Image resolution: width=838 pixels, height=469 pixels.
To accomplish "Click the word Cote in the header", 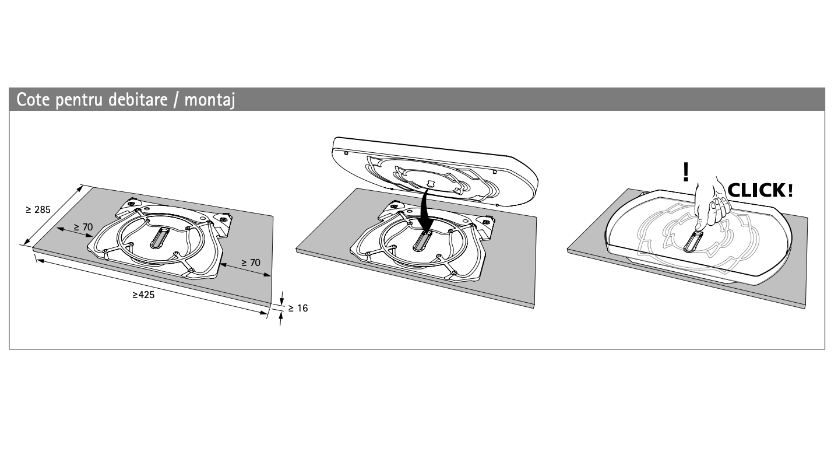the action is pyautogui.click(x=33, y=100).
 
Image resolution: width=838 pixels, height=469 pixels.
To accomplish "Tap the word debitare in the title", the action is pyautogui.click(x=138, y=100).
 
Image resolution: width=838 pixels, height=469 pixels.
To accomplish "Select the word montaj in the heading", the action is pyautogui.click(x=210, y=100).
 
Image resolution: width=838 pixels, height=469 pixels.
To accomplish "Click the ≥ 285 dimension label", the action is pyautogui.click(x=38, y=210).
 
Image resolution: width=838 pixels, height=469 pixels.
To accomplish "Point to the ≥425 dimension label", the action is pyautogui.click(x=143, y=295).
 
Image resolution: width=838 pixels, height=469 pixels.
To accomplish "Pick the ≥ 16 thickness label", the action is pyautogui.click(x=298, y=309).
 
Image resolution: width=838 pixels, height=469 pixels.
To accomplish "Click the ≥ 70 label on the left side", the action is pyautogui.click(x=83, y=227).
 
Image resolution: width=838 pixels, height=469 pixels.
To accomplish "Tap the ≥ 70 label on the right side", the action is pyautogui.click(x=250, y=262).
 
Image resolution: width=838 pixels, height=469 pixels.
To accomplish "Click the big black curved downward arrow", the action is pyautogui.click(x=425, y=210).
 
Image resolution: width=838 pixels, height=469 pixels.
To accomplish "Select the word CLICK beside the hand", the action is pyautogui.click(x=757, y=190).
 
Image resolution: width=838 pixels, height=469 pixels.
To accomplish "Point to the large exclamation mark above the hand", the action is pyautogui.click(x=685, y=172).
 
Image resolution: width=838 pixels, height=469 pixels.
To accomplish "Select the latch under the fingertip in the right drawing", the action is pyautogui.click(x=693, y=242).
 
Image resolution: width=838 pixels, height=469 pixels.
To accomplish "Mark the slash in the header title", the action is pyautogui.click(x=176, y=100).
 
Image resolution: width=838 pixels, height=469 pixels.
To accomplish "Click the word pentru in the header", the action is pyautogui.click(x=79, y=100).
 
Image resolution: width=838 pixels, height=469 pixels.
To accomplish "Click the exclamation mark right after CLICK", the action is pyautogui.click(x=790, y=190).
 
